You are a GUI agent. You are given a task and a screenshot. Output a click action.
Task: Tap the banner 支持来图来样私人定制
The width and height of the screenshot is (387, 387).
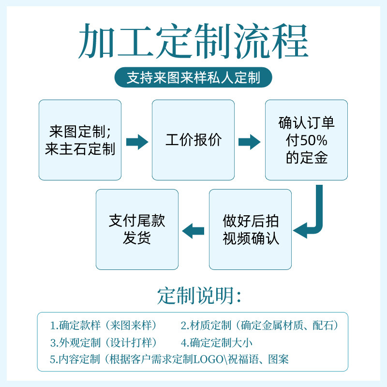pos(193,78)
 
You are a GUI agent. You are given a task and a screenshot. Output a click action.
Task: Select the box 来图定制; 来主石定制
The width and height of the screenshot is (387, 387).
pos(80,140)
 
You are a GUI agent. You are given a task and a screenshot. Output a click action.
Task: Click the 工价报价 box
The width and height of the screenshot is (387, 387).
pos(193,140)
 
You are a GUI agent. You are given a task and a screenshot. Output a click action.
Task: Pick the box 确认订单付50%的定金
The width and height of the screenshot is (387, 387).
pos(306,140)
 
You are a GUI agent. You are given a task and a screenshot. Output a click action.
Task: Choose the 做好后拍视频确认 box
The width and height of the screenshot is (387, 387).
pos(250,229)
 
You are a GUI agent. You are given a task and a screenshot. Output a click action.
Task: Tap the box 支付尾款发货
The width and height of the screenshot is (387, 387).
pos(137,229)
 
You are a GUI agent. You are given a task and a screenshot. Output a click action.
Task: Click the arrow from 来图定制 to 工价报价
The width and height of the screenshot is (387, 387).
pos(137,142)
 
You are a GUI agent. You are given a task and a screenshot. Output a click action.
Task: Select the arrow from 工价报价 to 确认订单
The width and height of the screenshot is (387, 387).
pos(250,142)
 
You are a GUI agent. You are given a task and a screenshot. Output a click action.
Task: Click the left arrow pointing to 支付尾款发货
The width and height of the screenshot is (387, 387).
pos(193,230)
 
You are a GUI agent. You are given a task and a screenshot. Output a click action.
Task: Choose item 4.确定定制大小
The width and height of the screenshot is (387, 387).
pos(217,342)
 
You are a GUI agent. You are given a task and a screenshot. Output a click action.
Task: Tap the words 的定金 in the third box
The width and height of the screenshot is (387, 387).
pos(306,158)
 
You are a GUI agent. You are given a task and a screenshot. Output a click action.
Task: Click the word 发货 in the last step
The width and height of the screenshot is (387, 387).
pos(137,238)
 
